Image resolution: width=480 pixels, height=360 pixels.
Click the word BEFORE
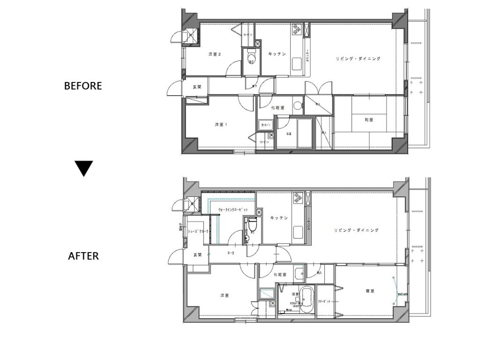83,86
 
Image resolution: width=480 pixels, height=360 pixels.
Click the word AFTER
83,256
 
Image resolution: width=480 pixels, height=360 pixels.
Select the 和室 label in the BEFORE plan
369,120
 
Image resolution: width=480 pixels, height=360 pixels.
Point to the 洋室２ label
215,54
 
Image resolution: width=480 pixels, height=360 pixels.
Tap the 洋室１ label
221,125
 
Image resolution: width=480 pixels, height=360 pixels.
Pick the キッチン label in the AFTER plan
278,218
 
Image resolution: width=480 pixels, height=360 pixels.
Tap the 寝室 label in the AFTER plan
370,291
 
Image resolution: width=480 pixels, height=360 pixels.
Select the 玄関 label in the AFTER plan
197,255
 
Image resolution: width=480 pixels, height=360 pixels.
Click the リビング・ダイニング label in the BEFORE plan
358,59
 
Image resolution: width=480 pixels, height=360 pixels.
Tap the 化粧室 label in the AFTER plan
279,275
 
